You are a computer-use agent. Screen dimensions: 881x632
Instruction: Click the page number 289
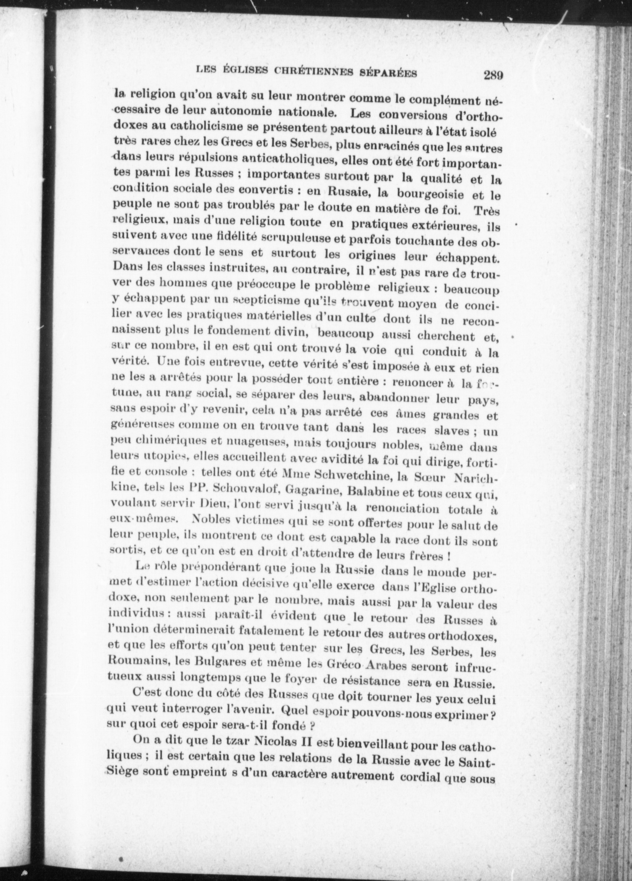[493, 76]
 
